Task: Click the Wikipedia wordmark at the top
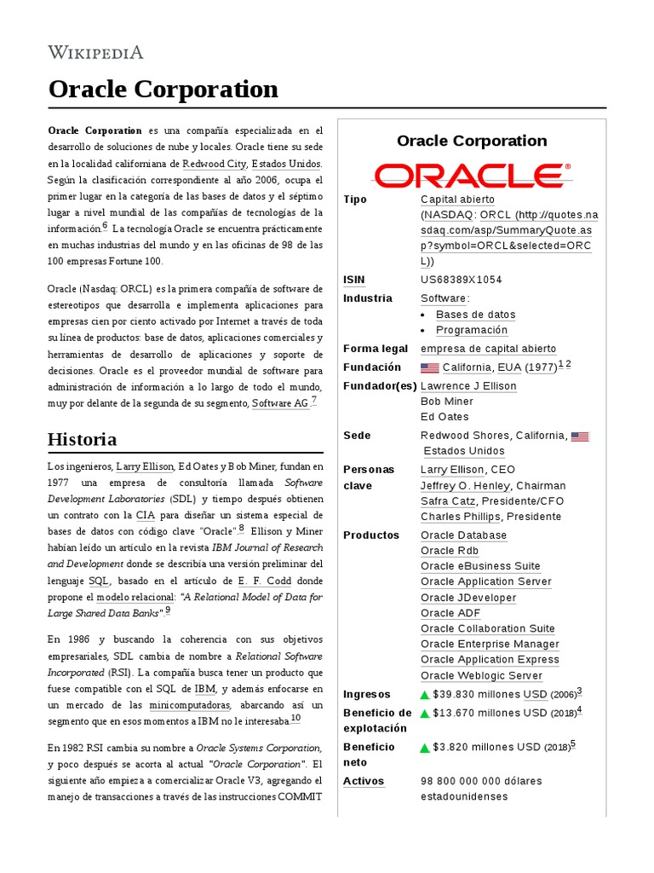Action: pos(95,53)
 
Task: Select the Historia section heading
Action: pos(83,440)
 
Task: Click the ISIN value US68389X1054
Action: pos(461,280)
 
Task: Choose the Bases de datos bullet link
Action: pos(475,315)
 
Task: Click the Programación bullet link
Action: pos(471,330)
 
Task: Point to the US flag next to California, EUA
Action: pos(429,368)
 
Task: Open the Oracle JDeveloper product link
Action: pos(468,598)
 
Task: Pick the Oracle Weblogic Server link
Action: pos(481,675)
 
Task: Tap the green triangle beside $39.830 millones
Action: pos(425,695)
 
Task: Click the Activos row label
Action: pos(363,781)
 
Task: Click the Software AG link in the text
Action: pos(280,403)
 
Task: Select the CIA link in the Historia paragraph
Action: pos(145,516)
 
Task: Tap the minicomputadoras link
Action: pos(189,706)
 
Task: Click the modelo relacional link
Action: pos(135,598)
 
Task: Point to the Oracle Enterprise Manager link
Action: pos(490,644)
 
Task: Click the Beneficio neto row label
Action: pos(368,754)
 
